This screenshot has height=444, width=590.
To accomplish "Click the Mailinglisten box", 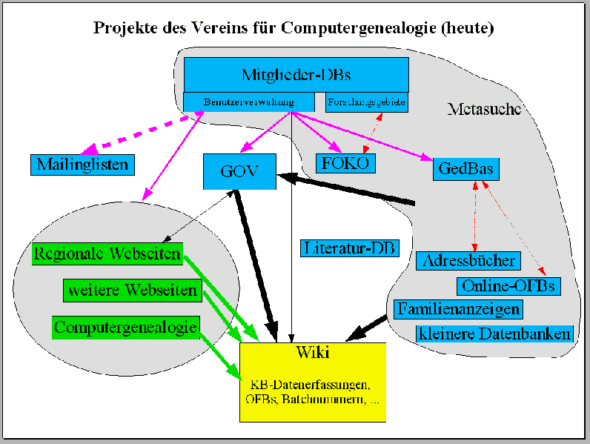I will pos(82,164).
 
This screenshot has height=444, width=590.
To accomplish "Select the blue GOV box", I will pos(239,171).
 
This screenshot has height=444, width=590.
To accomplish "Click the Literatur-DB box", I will pos(348,248).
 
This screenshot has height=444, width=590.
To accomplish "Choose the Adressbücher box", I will pos(468,261).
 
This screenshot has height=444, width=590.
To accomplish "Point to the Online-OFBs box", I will pos(508,285).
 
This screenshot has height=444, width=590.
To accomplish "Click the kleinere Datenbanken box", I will pos(495,334).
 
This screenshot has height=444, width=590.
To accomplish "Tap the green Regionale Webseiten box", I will pos(107,254).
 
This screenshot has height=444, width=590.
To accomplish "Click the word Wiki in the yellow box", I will pos(312,351).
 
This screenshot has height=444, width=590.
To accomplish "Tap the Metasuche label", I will pos(485,110).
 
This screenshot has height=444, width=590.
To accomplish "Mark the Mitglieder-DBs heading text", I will pos(296,74).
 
